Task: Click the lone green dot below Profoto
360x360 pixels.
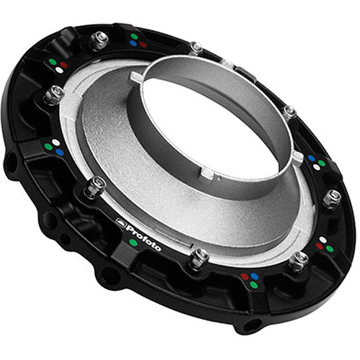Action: (133, 243)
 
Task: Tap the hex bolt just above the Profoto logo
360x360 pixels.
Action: (96, 186)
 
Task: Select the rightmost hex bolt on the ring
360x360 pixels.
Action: (333, 196)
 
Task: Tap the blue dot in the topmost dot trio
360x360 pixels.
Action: (133, 44)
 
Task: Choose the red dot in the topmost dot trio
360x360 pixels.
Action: (143, 45)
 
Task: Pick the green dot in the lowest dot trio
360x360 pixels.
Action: (253, 284)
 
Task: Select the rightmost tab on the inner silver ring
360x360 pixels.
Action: (297, 156)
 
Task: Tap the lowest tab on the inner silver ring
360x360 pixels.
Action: (207, 173)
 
